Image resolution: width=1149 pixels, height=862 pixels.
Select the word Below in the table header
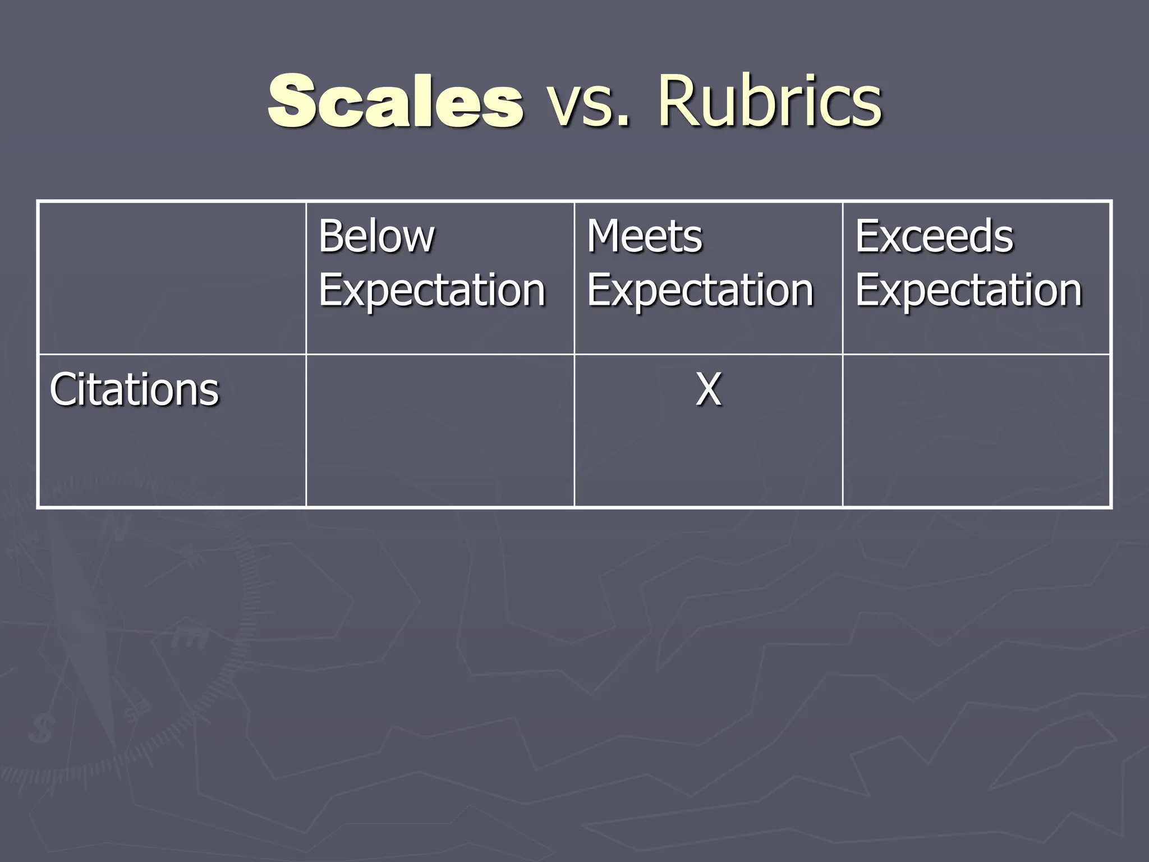pos(376,236)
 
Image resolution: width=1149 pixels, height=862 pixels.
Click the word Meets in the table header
pos(644,236)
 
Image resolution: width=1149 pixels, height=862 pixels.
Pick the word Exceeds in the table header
pos(934,236)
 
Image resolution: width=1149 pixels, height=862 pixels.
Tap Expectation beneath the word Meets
pos(700,291)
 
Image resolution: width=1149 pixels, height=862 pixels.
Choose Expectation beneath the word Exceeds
pos(968,291)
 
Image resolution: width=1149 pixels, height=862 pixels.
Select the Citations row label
pos(134,389)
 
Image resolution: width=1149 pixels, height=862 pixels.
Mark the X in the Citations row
pos(708,389)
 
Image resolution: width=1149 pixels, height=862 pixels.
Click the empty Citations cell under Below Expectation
pos(440,431)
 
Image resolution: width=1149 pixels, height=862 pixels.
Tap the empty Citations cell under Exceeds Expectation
pos(977,431)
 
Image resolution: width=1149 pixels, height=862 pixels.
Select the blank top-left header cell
pos(172,278)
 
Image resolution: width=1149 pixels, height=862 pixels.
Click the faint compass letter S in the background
pos(41,730)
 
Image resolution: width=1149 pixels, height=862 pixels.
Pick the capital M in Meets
pos(605,236)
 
